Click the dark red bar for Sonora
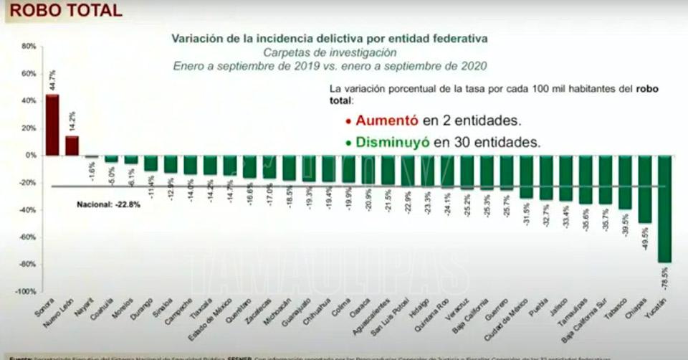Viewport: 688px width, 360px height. coord(52,125)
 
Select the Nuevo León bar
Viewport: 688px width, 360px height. coord(72,146)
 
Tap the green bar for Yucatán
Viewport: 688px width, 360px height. coord(664,209)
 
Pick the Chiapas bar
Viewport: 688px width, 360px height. coord(645,189)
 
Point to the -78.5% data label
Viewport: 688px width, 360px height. coord(664,276)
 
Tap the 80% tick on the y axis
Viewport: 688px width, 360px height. coord(29,47)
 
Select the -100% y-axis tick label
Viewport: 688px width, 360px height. coord(27,292)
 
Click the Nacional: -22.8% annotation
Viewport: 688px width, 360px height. coord(109,204)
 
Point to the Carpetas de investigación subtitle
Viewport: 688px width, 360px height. coord(329,52)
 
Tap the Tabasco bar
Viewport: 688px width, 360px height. coord(625,182)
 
